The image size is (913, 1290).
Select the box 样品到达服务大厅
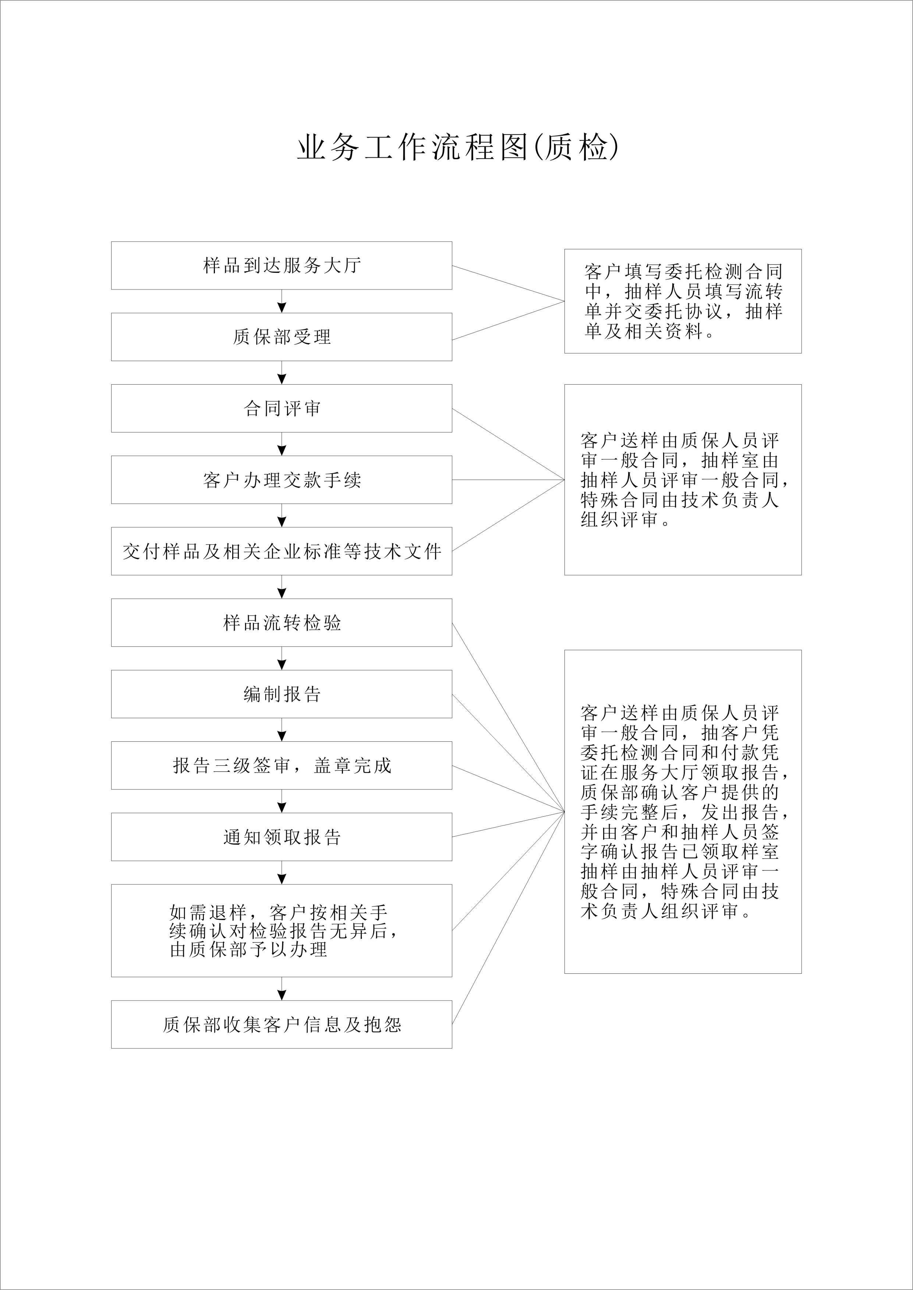(x=282, y=266)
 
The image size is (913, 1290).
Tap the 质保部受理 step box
(x=282, y=337)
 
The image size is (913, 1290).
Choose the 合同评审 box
(x=282, y=409)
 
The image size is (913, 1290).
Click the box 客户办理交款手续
(x=282, y=480)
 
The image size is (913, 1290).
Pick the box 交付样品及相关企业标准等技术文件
(x=282, y=551)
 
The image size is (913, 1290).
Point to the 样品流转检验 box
(x=282, y=623)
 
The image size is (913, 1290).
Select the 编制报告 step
(x=282, y=694)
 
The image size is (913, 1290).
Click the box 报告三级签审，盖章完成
(x=282, y=765)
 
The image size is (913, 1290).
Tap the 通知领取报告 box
(x=282, y=837)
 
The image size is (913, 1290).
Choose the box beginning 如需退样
(x=282, y=930)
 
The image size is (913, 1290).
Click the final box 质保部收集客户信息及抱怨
(x=282, y=1024)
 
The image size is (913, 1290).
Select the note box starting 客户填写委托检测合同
(x=683, y=301)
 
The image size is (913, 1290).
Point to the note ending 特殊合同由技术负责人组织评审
(x=683, y=480)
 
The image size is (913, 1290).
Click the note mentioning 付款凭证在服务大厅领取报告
(x=683, y=811)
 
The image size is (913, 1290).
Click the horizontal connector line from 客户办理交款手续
(x=508, y=480)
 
